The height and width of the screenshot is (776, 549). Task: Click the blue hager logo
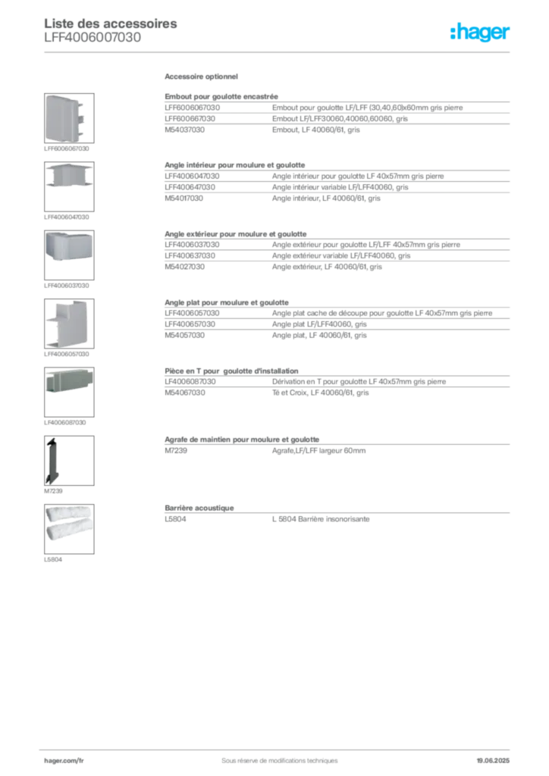[481, 33]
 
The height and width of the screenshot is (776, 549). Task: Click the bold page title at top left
[112, 23]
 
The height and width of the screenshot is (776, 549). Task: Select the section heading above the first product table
[202, 78]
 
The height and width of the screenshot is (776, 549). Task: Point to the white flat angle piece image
[67, 322]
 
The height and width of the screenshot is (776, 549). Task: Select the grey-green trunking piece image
[67, 382]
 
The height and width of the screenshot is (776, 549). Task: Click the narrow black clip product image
[52, 460]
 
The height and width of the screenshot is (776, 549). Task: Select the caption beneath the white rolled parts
[53, 561]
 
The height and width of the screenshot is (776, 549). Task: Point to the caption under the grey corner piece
[67, 286]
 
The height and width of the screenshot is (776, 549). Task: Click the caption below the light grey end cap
[67, 149]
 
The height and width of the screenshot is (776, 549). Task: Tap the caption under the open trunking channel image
[67, 218]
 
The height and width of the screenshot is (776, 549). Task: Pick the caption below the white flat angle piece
[67, 354]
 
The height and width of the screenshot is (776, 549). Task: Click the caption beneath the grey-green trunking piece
[67, 424]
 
